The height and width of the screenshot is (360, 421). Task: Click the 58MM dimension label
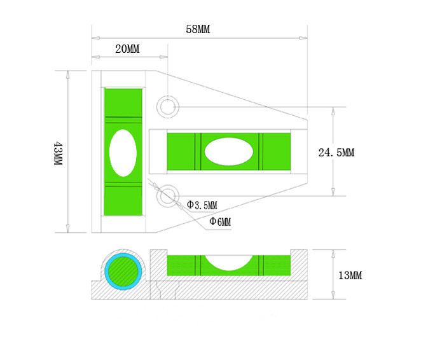198,29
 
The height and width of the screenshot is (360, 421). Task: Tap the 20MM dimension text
128,49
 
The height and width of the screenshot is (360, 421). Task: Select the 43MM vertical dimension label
59,153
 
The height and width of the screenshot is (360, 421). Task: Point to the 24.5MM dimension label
336,153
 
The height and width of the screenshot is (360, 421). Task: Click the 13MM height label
350,275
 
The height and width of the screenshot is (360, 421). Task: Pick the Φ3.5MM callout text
202,205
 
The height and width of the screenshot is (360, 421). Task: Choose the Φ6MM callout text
220,221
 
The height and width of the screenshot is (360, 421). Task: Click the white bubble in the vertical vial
123,153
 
